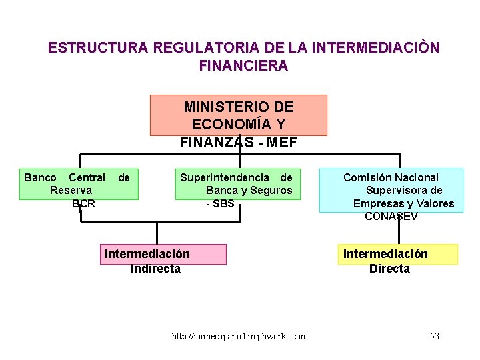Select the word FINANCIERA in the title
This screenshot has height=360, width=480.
tap(243, 65)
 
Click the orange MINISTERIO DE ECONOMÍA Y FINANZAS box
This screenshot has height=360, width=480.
tap(238, 115)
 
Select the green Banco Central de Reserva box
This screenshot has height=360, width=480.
tap(79, 183)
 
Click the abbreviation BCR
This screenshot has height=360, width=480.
tap(84, 203)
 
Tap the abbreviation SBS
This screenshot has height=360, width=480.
tap(223, 203)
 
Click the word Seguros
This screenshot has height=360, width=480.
tap(272, 191)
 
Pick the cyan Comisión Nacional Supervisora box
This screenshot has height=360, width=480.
tap(391, 190)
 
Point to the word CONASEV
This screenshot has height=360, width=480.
tap(391, 217)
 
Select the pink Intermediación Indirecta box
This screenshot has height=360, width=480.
tap(163, 254)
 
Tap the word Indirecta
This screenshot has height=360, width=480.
tap(155, 269)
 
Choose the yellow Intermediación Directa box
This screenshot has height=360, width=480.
tap(397, 254)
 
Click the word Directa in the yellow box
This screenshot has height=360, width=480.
tap(389, 269)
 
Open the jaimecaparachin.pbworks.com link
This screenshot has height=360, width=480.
tap(240, 337)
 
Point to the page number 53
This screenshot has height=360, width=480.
tap(435, 336)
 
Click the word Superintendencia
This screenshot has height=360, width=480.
tap(225, 177)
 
